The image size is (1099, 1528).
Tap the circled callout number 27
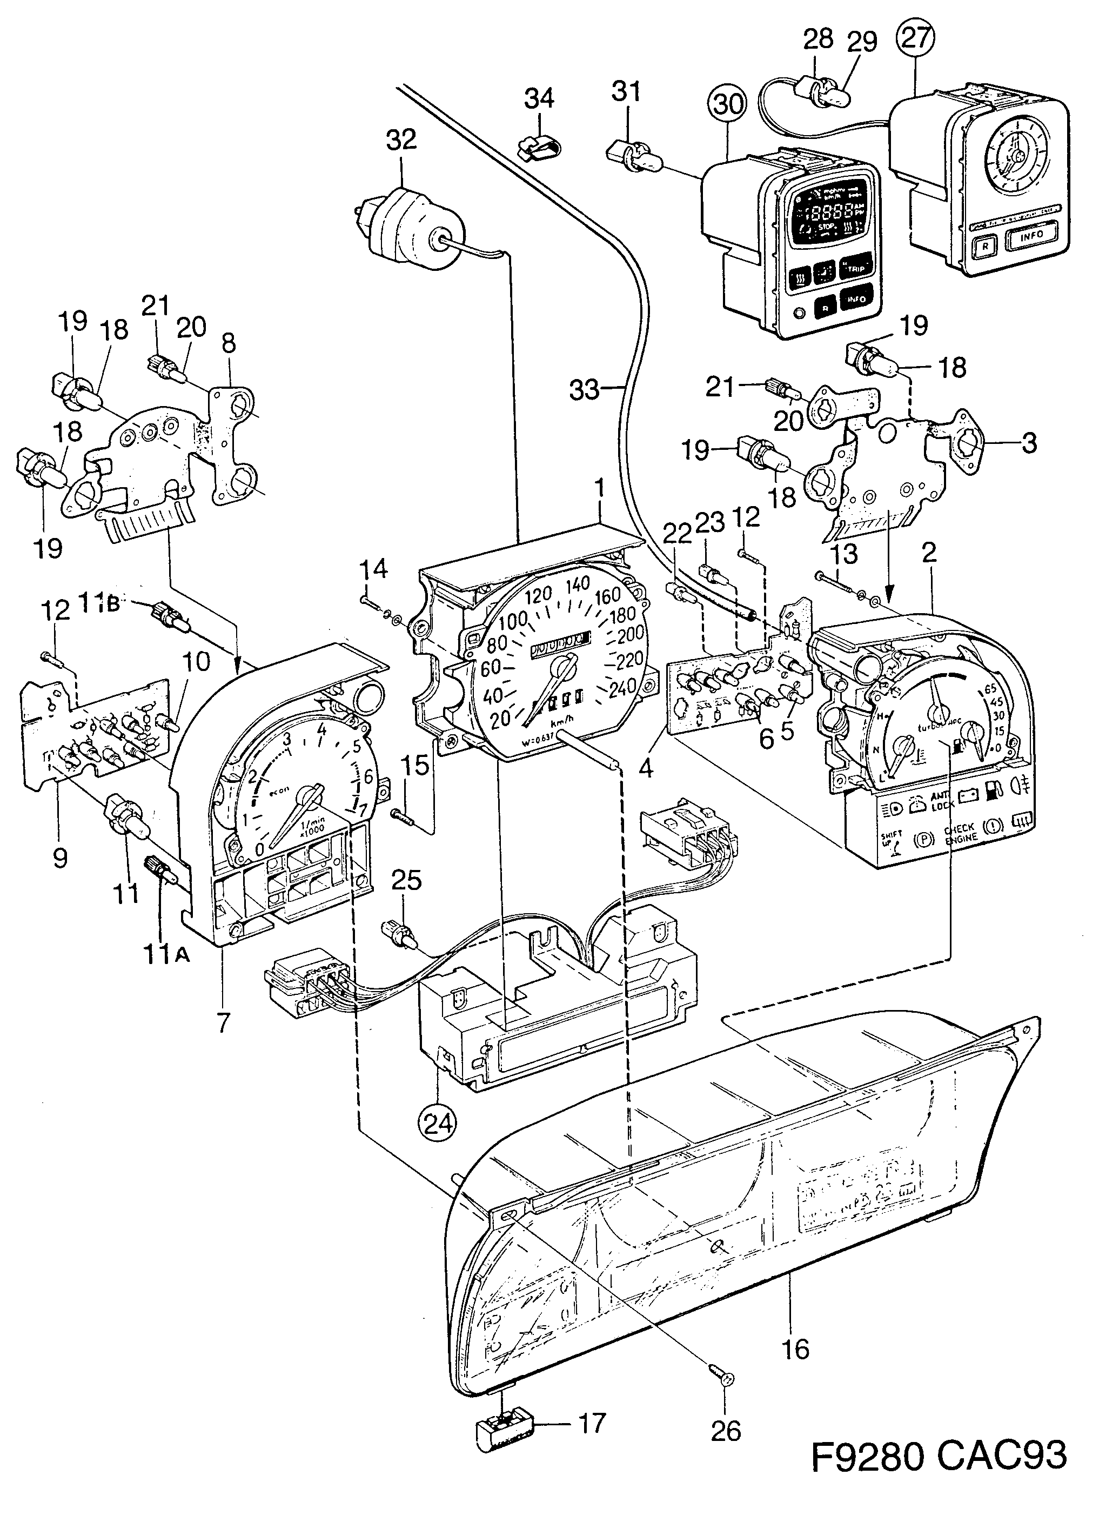click(x=916, y=39)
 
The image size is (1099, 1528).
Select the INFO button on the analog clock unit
click(x=1030, y=235)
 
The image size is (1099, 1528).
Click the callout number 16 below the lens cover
click(x=796, y=1346)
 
